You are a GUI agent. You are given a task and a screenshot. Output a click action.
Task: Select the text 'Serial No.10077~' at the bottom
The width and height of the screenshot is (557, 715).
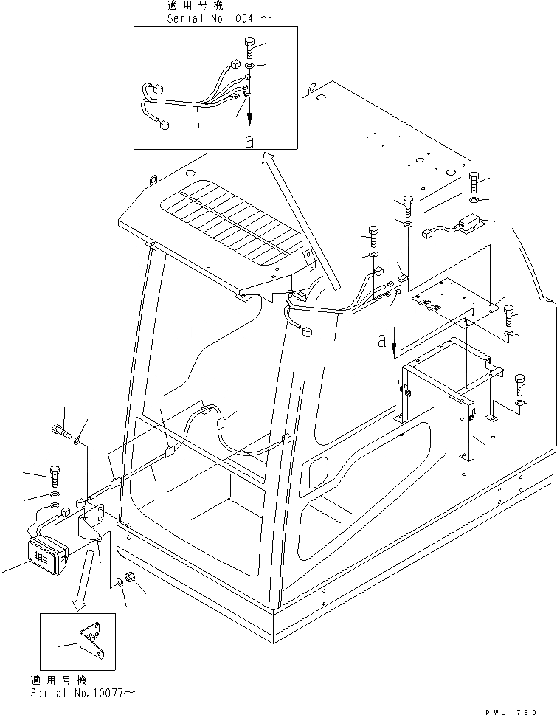click(82, 693)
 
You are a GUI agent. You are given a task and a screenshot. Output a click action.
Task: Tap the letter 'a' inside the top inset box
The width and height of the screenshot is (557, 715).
click(249, 140)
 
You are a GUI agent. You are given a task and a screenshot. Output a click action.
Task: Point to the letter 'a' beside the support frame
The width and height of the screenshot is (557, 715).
click(381, 342)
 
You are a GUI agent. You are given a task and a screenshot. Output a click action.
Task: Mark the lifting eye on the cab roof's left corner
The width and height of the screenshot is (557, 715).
click(154, 179)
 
